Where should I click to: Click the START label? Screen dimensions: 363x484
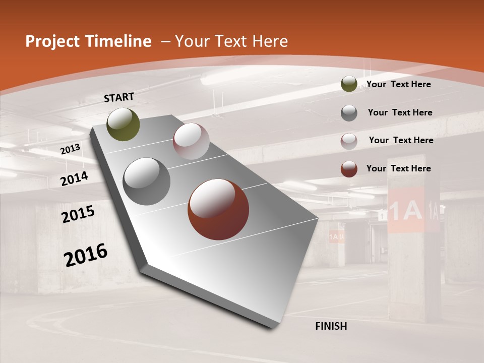[x=119, y=97]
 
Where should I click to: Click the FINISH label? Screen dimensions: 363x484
[x=331, y=326]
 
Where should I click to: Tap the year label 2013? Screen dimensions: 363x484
[x=70, y=149]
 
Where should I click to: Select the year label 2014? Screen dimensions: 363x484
[x=74, y=178]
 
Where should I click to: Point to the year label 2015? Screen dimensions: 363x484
[x=78, y=214]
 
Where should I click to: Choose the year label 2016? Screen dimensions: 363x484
[x=85, y=255]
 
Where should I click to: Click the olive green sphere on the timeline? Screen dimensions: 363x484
[x=123, y=124]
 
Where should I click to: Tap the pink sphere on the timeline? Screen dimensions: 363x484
[x=191, y=141]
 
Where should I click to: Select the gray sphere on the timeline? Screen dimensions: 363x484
[x=147, y=181]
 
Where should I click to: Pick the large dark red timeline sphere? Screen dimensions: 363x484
[x=218, y=209]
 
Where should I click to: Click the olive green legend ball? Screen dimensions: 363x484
[x=349, y=84]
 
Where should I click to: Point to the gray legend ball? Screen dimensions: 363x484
[x=349, y=113]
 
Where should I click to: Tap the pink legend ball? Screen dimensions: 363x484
[x=349, y=141]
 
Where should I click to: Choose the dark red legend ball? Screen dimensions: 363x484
[x=349, y=169]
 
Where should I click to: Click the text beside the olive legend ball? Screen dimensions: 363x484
[x=398, y=84]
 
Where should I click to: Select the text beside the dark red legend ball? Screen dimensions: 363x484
[x=398, y=168]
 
